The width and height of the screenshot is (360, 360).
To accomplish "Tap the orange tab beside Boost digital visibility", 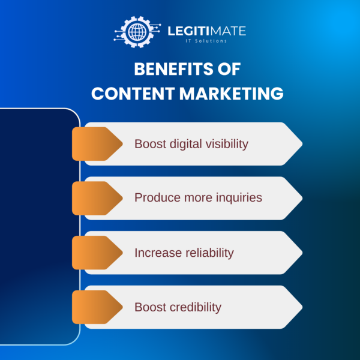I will coord(96,144).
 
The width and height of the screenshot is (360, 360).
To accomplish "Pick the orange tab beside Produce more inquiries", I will coord(96,198).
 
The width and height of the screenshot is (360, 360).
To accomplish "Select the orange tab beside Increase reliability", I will coord(96,253).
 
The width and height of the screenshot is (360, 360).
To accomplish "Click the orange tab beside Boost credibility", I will coord(96,307).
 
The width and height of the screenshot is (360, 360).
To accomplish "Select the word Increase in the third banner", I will coord(157,253).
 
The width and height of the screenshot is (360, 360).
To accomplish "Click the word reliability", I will coord(208,253).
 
